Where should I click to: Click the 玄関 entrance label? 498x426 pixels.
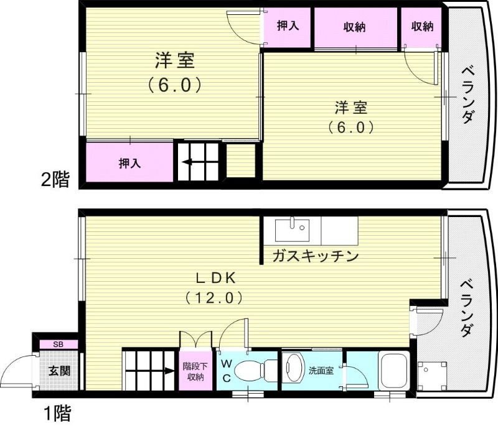60,372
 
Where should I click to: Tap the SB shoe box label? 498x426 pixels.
58,344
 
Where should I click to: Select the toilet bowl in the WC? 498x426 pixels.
254,371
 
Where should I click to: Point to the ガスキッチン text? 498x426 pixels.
315,256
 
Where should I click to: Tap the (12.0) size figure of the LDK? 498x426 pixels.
214,298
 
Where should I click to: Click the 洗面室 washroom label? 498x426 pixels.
321,371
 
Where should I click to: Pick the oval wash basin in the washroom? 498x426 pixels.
292,369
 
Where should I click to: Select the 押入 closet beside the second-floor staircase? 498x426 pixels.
129,163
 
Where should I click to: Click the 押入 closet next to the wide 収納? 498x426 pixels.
286,27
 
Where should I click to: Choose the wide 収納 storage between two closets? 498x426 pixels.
355,27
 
